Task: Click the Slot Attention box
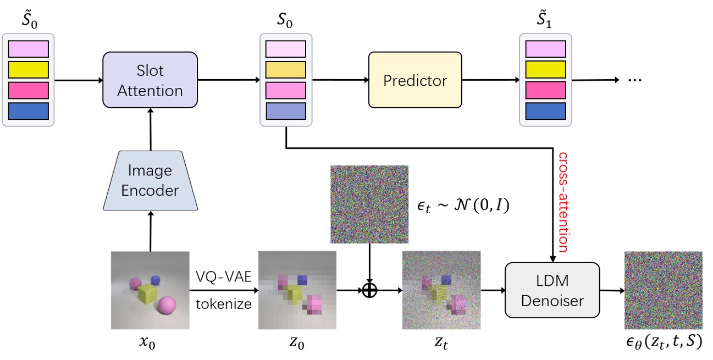pyautogui.click(x=150, y=80)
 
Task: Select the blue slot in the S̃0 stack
pyautogui.click(x=29, y=111)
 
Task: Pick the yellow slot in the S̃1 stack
pyautogui.click(x=546, y=70)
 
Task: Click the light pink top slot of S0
pyautogui.click(x=286, y=49)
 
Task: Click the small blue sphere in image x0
pyautogui.click(x=155, y=280)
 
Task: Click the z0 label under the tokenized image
pyautogui.click(x=297, y=346)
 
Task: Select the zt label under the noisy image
pyautogui.click(x=441, y=346)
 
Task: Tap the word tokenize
pyautogui.click(x=223, y=303)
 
